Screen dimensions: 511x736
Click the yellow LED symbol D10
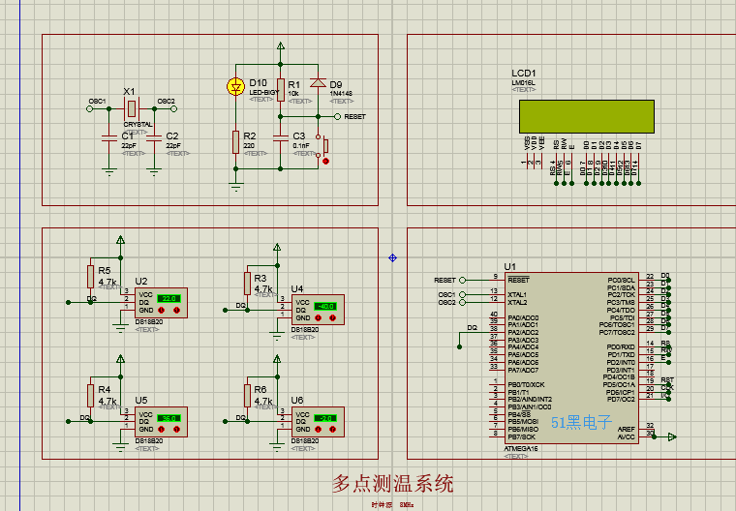point(234,86)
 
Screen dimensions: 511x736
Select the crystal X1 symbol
point(131,108)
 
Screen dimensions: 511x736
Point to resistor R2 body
point(235,142)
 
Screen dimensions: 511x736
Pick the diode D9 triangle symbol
point(316,84)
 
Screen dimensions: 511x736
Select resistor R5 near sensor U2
point(91,277)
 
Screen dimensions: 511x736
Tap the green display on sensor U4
point(325,307)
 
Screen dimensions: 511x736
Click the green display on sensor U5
point(169,418)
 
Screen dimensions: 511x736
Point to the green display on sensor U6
point(325,418)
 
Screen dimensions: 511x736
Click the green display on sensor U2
point(169,298)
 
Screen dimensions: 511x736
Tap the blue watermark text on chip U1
point(582,423)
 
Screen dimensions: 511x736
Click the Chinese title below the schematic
point(392,483)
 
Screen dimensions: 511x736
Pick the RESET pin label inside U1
point(518,280)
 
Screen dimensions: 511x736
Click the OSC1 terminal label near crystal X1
point(97,101)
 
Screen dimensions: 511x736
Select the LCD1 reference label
point(524,74)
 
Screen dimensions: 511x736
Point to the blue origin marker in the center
point(392,257)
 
